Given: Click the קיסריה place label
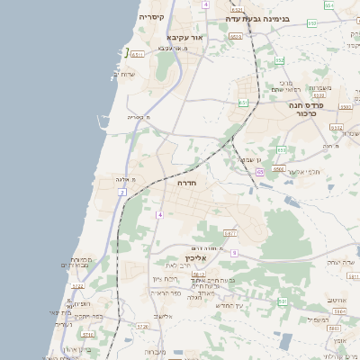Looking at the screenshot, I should click(x=151, y=16).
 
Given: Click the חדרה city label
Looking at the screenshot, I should click(x=188, y=183).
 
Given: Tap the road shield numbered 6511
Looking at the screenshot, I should click(x=138, y=54).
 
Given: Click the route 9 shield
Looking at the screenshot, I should click(x=234, y=253).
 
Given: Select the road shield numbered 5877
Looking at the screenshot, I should click(x=230, y=232).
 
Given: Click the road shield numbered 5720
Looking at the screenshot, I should click(x=141, y=328).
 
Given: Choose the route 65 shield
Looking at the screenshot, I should click(x=259, y=171).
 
